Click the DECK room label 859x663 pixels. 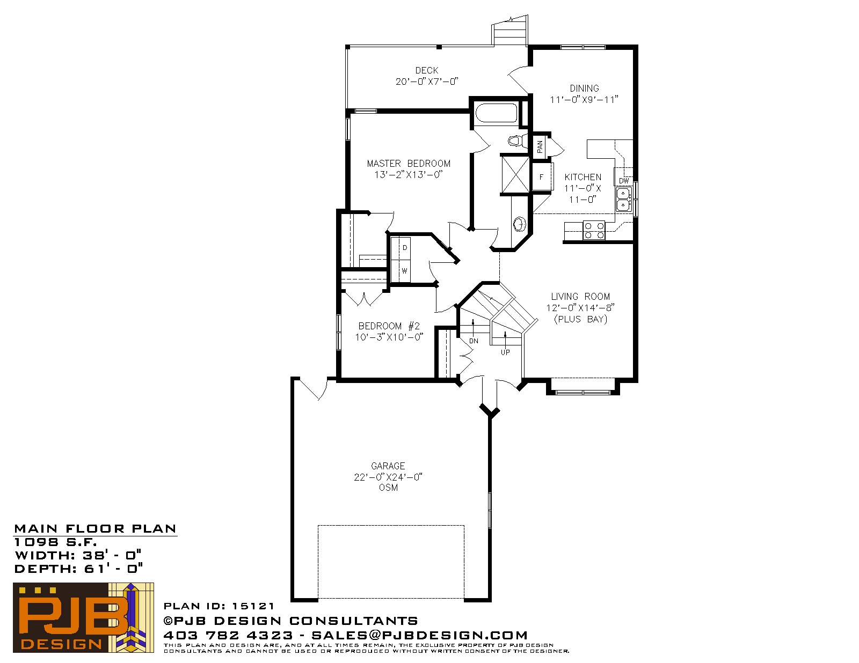coord(426,70)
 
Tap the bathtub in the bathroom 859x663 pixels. coord(496,113)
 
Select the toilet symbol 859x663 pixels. coord(518,141)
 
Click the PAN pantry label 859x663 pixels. coord(540,147)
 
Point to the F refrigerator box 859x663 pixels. coord(542,177)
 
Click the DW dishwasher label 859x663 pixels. coord(624,181)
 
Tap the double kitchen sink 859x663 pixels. coord(623,200)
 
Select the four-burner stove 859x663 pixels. coord(594,230)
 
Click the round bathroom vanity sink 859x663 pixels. coord(520,224)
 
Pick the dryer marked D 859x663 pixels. coord(405,248)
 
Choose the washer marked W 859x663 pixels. coord(405,271)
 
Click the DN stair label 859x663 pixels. coord(474,341)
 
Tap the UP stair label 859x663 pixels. coord(505,352)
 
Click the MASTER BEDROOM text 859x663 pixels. coord(409,164)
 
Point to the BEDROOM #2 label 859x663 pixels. coord(389,326)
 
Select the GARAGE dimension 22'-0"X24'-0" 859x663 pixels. coord(388,477)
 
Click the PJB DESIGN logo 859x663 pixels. coord(83,618)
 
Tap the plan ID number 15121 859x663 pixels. coord(253,606)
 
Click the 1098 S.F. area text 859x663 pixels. coord(55,542)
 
